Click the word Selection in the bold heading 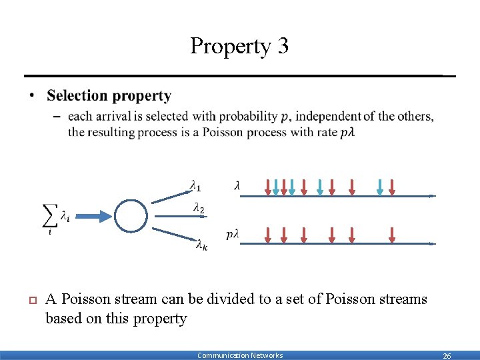(x=75, y=97)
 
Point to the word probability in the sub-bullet (x=247, y=116)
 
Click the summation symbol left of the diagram (x=50, y=215)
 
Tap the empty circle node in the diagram (x=131, y=215)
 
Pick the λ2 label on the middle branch (x=198, y=209)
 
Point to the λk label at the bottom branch (x=201, y=245)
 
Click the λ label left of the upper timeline (x=237, y=186)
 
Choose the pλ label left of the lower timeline (x=233, y=234)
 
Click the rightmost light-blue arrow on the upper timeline (x=379, y=187)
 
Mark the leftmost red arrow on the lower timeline (x=268, y=235)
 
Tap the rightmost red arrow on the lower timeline (x=392, y=235)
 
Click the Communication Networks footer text (x=240, y=355)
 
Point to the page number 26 (x=447, y=356)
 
